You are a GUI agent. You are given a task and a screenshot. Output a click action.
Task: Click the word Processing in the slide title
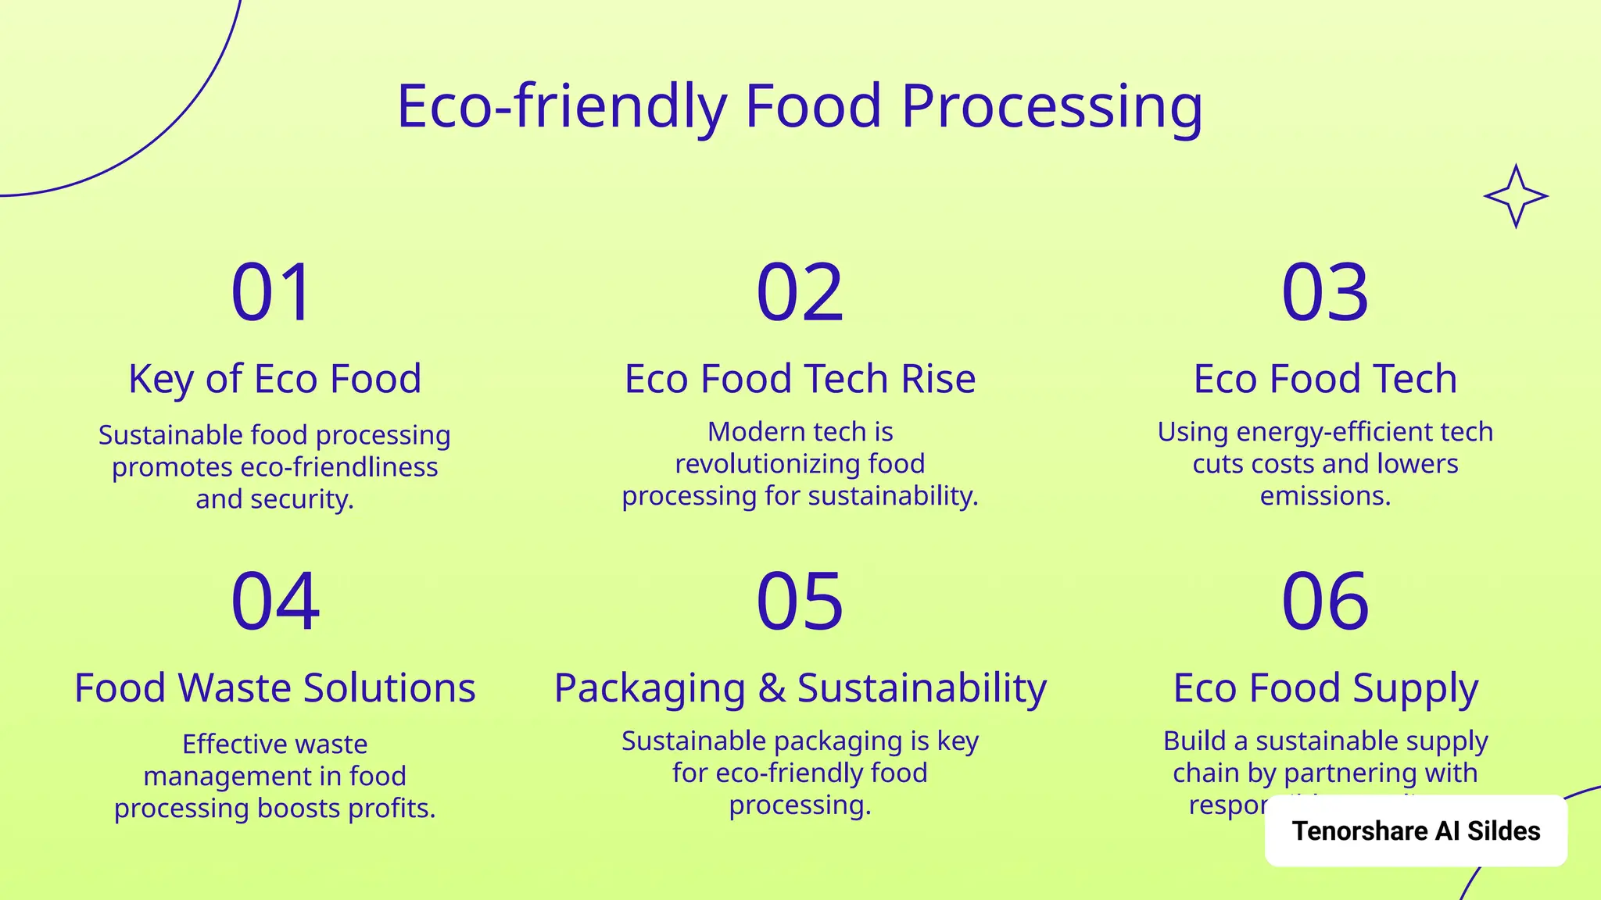click(x=1051, y=107)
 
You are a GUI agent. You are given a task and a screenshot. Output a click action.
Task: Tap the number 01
click(x=273, y=293)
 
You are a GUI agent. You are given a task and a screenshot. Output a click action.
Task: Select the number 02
click(x=800, y=293)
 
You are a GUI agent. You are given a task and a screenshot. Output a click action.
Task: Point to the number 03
click(x=1325, y=293)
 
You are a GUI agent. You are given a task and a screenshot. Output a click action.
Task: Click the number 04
click(x=275, y=601)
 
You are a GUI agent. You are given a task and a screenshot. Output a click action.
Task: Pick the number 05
click(x=800, y=601)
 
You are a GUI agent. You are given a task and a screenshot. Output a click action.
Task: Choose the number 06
click(x=1325, y=601)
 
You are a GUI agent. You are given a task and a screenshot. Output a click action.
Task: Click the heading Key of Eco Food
click(x=274, y=379)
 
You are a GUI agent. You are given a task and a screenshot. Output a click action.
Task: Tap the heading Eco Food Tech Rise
click(x=800, y=379)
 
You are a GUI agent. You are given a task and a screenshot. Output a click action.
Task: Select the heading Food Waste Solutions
click(x=274, y=688)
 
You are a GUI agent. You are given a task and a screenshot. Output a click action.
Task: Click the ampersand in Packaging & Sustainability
click(x=772, y=688)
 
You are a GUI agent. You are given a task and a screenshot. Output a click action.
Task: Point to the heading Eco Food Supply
click(x=1325, y=688)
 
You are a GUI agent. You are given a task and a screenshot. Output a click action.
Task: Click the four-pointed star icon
click(x=1516, y=196)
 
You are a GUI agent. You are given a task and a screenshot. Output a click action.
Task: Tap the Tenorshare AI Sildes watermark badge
click(x=1416, y=830)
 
